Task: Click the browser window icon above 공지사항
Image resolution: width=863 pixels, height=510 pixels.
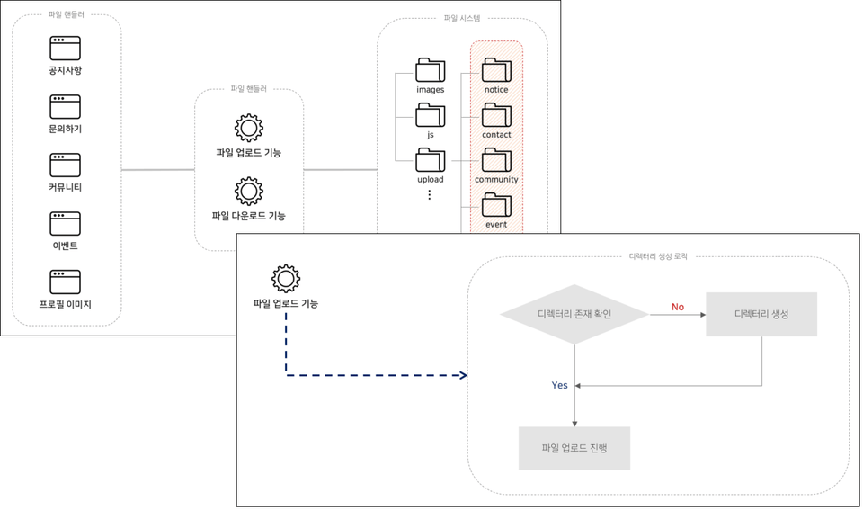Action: [65, 48]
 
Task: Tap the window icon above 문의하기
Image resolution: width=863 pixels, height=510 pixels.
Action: [65, 106]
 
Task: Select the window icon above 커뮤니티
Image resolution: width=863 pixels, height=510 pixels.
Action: [65, 165]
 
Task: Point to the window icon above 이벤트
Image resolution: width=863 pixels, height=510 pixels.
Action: [65, 223]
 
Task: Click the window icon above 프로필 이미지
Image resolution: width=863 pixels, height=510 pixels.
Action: [65, 282]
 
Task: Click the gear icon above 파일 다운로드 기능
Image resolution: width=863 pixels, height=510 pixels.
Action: [249, 191]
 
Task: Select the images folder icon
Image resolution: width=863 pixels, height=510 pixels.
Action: [431, 70]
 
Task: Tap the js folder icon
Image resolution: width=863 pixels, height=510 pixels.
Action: [431, 115]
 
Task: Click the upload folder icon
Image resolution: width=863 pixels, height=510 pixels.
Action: [431, 159]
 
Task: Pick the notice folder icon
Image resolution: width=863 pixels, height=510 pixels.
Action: [496, 70]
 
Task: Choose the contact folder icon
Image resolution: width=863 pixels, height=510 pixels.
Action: [496, 115]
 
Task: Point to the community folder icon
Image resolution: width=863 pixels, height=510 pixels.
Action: [496, 159]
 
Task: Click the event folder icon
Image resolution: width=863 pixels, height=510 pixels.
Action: [496, 205]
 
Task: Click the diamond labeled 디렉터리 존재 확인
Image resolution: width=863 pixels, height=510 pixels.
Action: [574, 315]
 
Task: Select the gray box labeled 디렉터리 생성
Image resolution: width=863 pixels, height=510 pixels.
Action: [761, 314]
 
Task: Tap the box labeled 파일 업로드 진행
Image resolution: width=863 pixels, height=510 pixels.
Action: [574, 448]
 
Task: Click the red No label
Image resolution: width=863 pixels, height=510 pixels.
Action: [678, 308]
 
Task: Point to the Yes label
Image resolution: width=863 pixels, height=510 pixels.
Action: [559, 385]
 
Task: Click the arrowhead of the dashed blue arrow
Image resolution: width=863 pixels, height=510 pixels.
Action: [463, 375]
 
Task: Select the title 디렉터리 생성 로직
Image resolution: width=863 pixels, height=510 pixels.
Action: [658, 256]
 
